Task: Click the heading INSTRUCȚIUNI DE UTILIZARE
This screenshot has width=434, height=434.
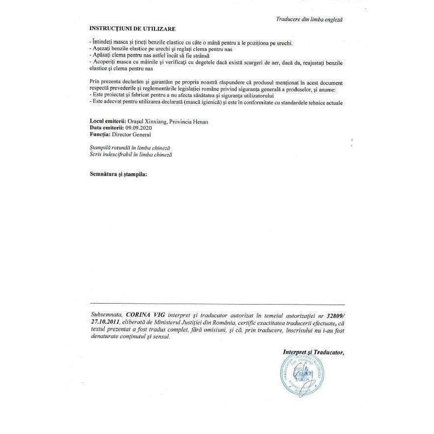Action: pos(132,29)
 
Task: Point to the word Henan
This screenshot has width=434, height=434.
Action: pos(200,122)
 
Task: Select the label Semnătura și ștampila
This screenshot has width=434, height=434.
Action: pos(118,174)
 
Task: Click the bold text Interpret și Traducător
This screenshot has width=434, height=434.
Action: pos(313,352)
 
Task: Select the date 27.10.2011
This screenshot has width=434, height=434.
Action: pos(106,322)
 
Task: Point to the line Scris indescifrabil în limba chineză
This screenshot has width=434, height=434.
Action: pos(131,155)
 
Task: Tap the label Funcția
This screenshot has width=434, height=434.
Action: pos(100,134)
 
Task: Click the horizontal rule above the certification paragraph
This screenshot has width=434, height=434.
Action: pos(217,305)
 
